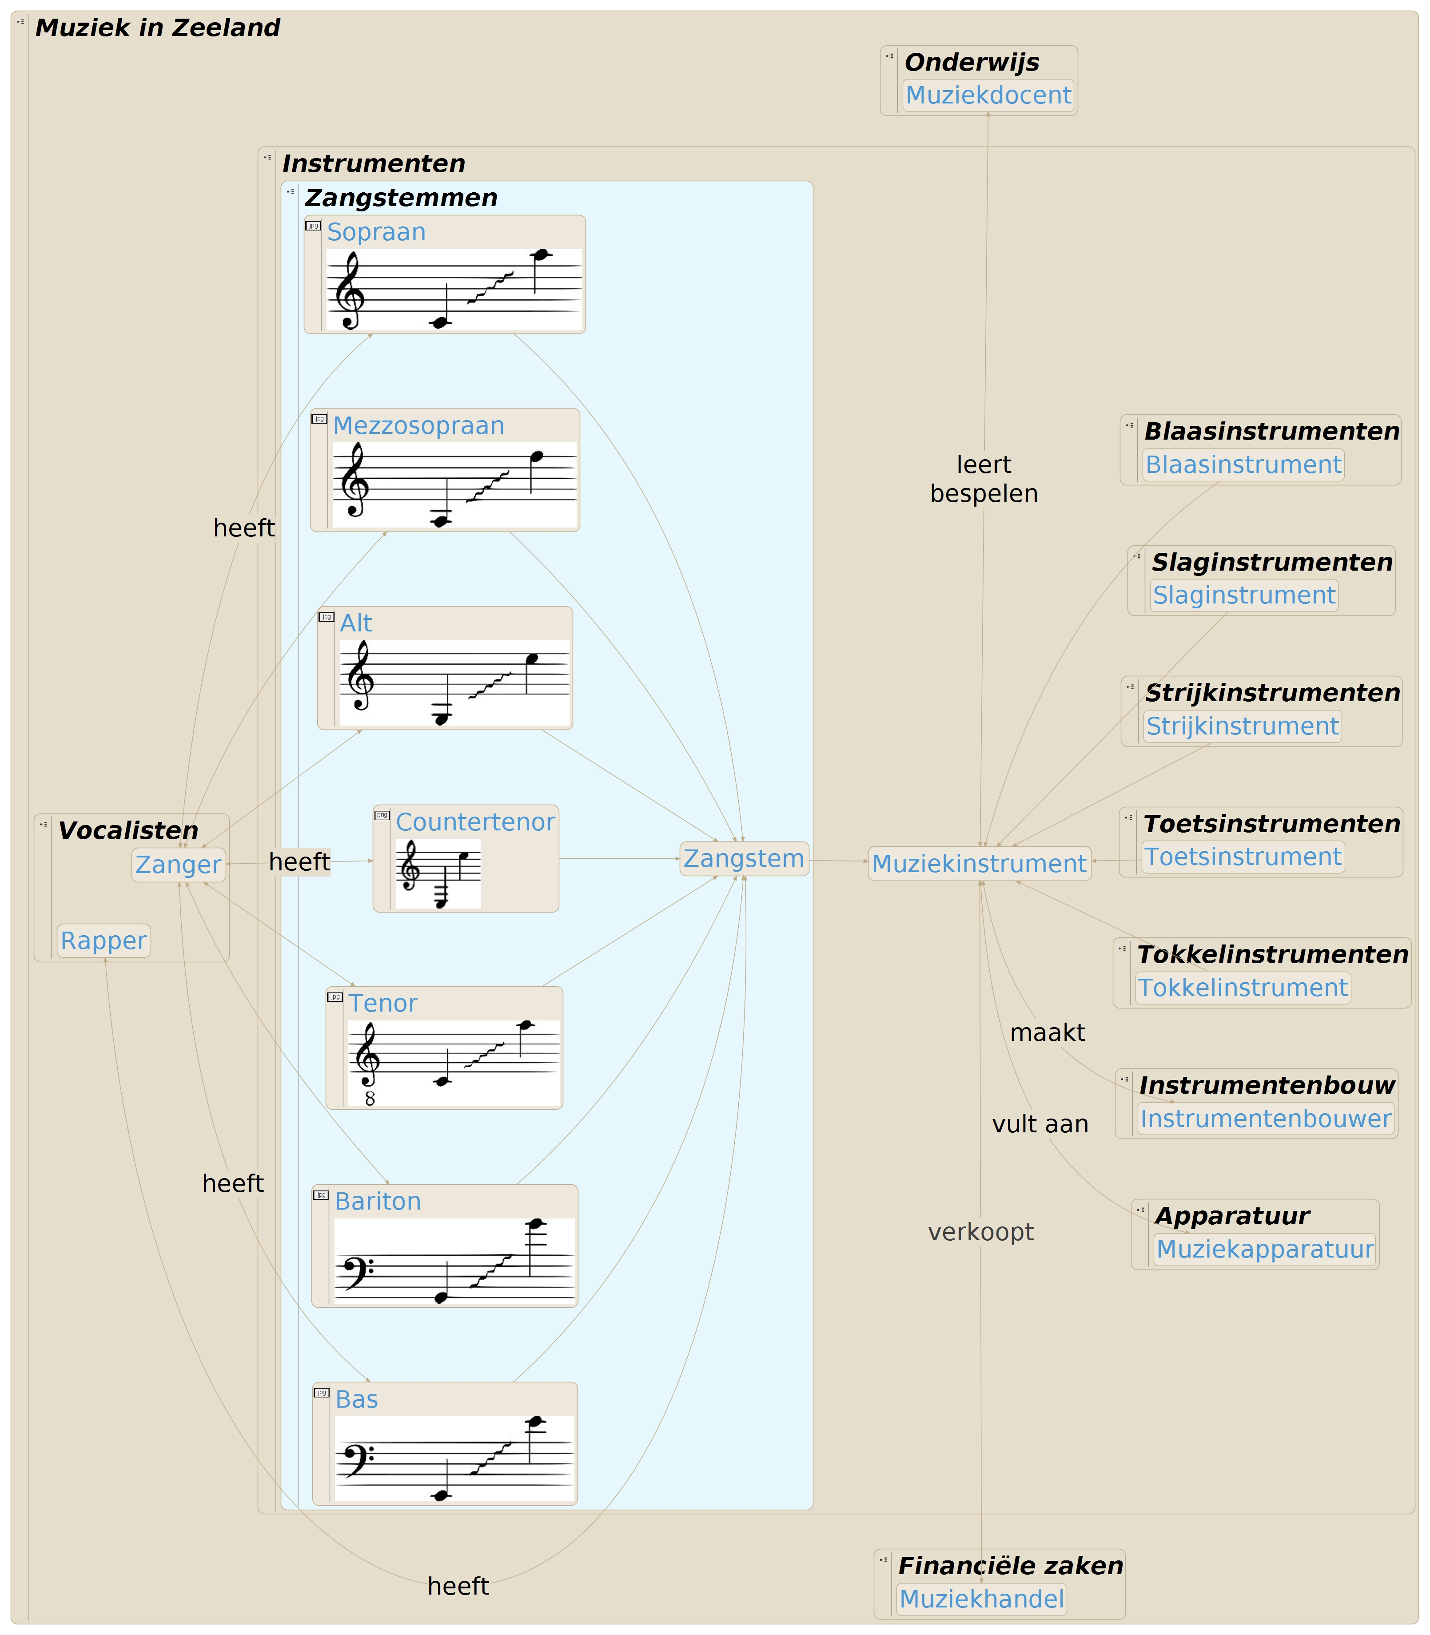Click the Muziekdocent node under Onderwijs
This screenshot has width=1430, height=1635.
click(x=988, y=95)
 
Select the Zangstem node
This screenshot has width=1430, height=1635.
click(x=744, y=859)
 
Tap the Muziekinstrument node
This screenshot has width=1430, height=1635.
click(x=979, y=864)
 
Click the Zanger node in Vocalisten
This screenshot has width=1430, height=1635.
click(x=178, y=865)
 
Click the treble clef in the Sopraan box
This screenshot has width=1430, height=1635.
click(x=349, y=290)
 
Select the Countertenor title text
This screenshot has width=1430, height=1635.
click(x=475, y=822)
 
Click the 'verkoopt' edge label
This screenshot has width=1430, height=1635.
click(x=981, y=1232)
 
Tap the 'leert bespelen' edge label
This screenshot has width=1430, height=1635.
click(x=984, y=479)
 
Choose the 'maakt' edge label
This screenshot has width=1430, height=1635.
click(x=1047, y=1033)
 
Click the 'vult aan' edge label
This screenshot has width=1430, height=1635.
click(x=1040, y=1124)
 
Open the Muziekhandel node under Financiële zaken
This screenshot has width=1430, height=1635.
click(x=981, y=1599)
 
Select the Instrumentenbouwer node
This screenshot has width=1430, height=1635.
click(x=1266, y=1119)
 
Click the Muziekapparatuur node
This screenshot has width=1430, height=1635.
click(x=1265, y=1249)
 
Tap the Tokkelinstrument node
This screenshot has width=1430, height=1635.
click(x=1243, y=988)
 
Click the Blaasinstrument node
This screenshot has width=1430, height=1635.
click(x=1243, y=465)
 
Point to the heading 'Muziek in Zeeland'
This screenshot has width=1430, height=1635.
click(x=158, y=28)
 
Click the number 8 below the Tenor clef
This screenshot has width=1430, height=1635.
click(x=370, y=1099)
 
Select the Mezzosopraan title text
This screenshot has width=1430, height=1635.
click(x=418, y=426)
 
